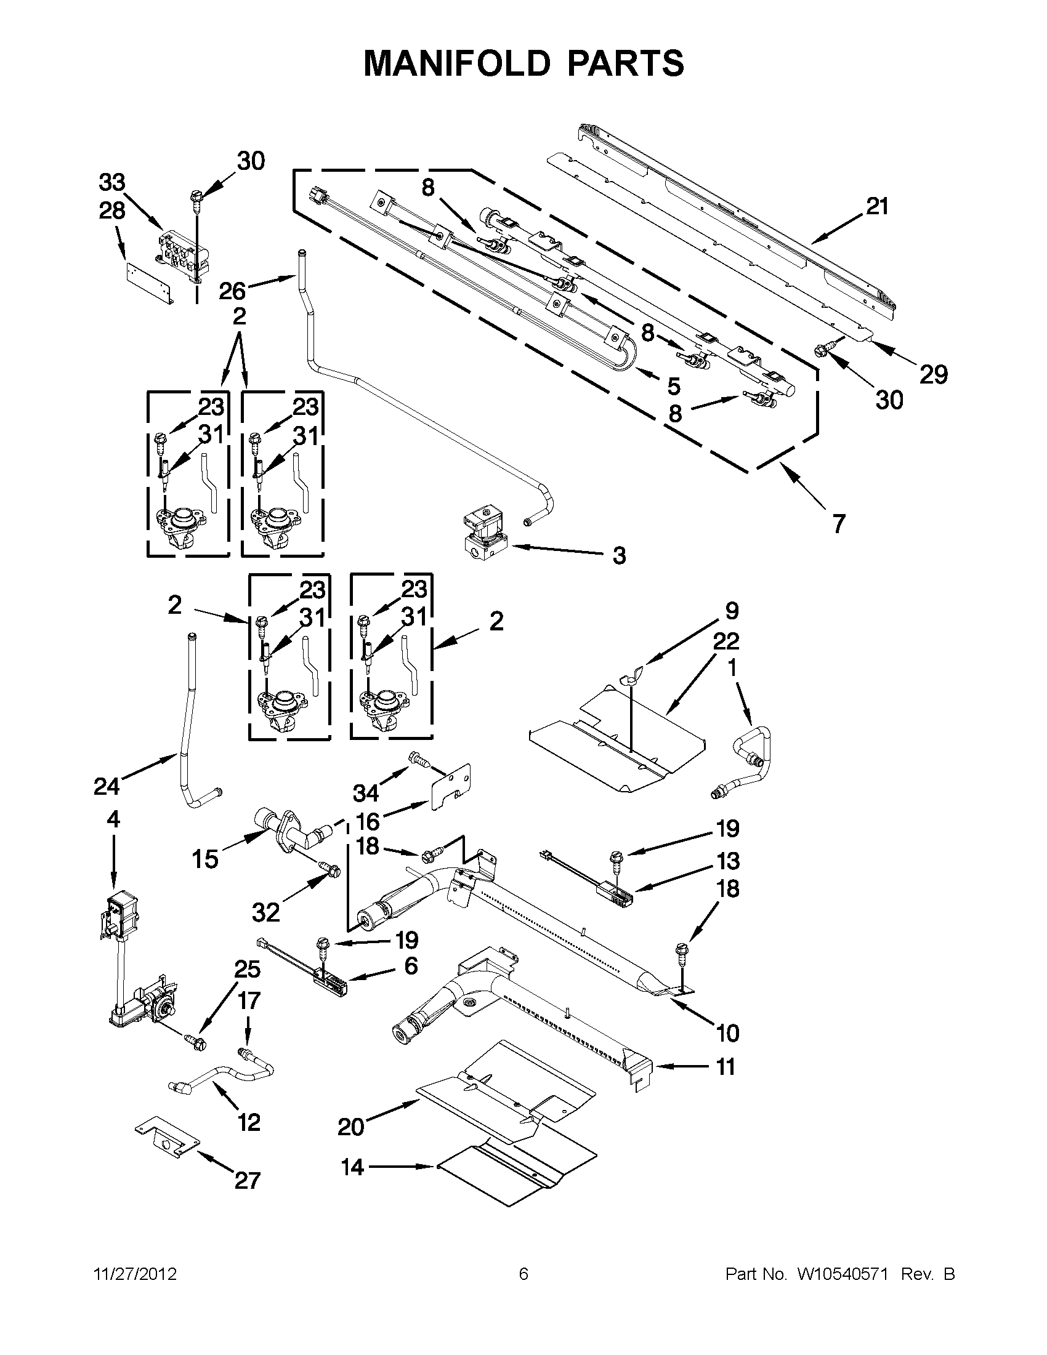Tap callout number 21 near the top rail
(x=877, y=207)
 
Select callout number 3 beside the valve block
(x=619, y=555)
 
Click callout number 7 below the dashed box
(x=838, y=525)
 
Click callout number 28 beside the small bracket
(x=111, y=211)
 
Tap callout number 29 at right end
(x=934, y=375)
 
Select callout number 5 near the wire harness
(x=674, y=386)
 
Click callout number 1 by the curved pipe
(x=732, y=667)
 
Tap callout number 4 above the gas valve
(x=113, y=819)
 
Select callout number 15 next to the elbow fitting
(x=205, y=859)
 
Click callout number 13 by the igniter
(x=727, y=861)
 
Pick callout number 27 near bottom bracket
(x=246, y=1180)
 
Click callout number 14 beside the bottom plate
(x=352, y=1167)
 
